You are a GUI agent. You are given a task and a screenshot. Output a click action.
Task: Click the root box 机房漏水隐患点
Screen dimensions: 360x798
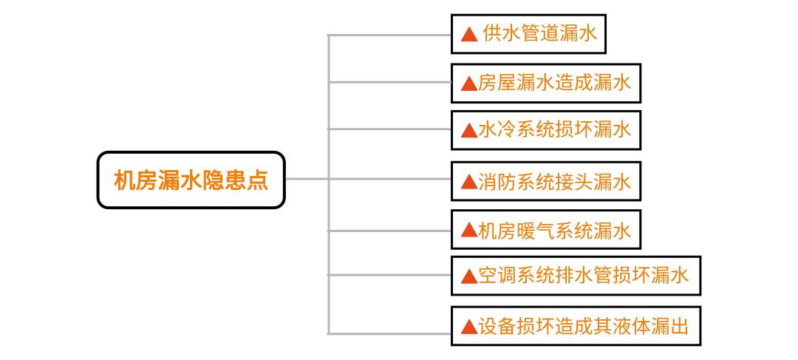coord(191,180)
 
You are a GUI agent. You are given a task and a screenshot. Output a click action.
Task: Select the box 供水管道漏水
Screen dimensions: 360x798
coord(528,34)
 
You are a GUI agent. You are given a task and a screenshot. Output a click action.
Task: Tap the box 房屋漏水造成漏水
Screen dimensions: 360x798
coord(545,83)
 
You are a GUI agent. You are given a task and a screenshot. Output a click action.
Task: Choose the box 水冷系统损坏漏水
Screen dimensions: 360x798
coord(545,130)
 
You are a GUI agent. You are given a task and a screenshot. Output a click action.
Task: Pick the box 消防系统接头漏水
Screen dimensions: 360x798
coord(545,181)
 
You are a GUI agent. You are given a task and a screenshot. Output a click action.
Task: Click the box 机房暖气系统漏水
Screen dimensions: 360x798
coord(545,230)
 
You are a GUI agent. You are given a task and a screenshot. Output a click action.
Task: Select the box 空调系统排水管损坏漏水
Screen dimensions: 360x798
coord(576,276)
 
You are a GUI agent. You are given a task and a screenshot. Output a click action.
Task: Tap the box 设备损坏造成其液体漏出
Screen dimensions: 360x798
coord(576,326)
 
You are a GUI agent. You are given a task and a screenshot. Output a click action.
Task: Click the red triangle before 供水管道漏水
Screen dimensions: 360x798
coord(468,35)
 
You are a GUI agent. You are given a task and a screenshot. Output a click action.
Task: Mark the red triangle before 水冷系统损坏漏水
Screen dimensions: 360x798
coord(468,131)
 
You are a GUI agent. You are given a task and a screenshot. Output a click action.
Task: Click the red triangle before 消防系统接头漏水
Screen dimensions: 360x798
coord(468,182)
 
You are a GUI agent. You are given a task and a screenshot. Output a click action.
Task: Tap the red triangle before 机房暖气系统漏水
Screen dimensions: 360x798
coord(468,231)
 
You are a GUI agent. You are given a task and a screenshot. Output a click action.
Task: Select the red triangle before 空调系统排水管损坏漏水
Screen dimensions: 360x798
coord(468,276)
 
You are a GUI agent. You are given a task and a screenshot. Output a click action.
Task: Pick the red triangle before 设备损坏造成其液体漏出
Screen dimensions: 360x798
coord(468,327)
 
